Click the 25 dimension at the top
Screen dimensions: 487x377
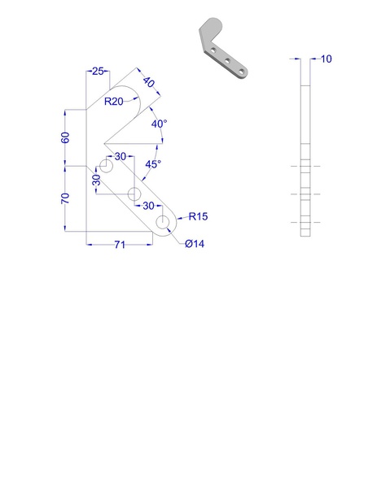pos(97,72)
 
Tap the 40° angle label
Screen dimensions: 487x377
pos(159,124)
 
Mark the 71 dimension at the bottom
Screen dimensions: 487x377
pos(119,245)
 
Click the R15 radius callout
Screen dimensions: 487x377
pos(199,216)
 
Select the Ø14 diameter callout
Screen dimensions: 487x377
pos(194,245)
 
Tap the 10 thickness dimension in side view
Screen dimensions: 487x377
pos(326,59)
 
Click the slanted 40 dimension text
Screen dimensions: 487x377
pos(149,83)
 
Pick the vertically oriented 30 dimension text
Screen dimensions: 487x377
pos(96,180)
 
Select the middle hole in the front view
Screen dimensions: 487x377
pos(134,193)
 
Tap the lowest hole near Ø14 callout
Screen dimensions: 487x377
pos(163,221)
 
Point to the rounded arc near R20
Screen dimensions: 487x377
pos(130,89)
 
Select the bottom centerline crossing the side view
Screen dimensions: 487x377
pos(305,221)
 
